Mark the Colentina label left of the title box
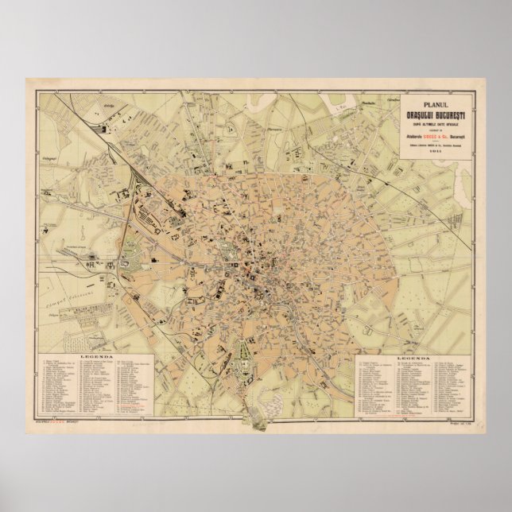click(391, 101)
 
